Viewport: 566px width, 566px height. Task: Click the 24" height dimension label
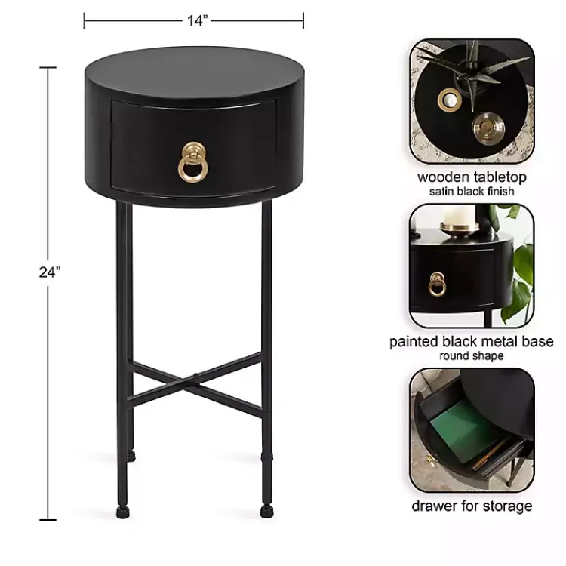50,272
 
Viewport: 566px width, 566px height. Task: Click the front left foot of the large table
123,512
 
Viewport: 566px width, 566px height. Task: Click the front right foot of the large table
266,512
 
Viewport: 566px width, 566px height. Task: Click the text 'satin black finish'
472,192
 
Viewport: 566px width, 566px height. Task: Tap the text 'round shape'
472,356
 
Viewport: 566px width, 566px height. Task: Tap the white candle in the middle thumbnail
458,217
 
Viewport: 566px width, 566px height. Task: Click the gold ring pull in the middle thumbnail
437,284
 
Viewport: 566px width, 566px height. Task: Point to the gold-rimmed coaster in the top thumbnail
450,100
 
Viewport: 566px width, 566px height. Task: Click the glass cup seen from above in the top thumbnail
488,128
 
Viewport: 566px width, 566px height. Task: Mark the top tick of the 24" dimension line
48,67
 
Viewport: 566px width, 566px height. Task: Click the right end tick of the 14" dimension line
303,20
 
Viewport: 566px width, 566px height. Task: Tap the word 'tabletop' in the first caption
500,177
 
